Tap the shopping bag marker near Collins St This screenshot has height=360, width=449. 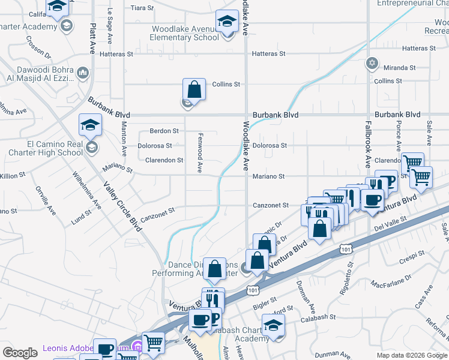[x=194, y=89]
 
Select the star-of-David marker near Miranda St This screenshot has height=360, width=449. [x=372, y=62]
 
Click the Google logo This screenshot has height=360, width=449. [x=20, y=353]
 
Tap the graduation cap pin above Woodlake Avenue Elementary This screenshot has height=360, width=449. [x=227, y=22]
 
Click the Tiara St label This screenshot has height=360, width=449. [x=142, y=8]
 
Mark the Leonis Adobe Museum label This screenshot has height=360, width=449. [x=69, y=348]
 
